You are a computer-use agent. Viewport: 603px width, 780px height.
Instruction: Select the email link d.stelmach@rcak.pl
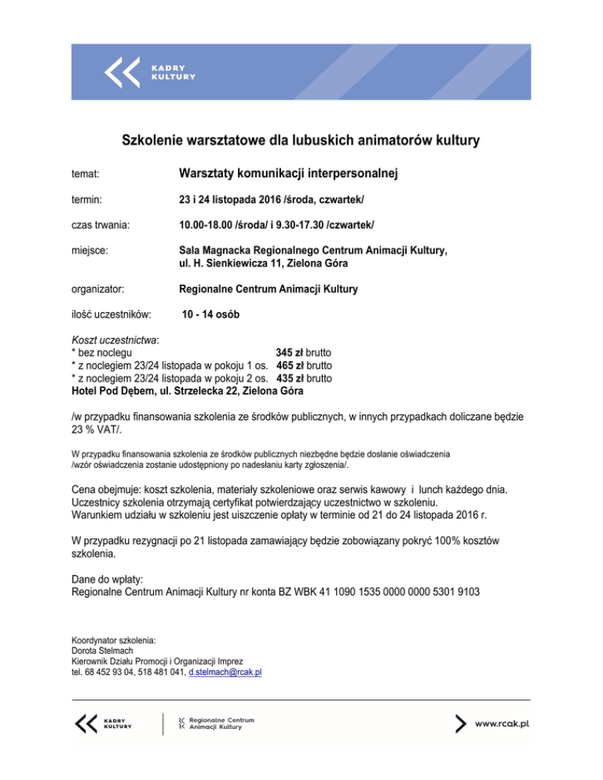tap(225, 672)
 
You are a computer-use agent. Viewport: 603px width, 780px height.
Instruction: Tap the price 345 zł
tap(290, 352)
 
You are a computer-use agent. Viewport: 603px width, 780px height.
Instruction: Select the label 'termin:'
tap(86, 201)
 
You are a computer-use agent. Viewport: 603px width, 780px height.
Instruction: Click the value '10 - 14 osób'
tap(211, 315)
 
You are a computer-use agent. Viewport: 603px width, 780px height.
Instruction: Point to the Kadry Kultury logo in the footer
tap(103, 723)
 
